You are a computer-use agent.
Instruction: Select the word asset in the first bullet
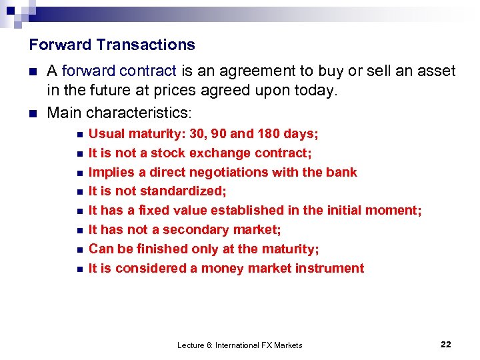tap(437, 71)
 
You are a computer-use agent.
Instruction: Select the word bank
tap(341, 172)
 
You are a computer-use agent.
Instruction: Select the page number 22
tap(446, 344)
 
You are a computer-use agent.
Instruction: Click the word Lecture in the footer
tap(191, 345)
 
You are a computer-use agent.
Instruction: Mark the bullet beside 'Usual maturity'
tap(79, 135)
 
